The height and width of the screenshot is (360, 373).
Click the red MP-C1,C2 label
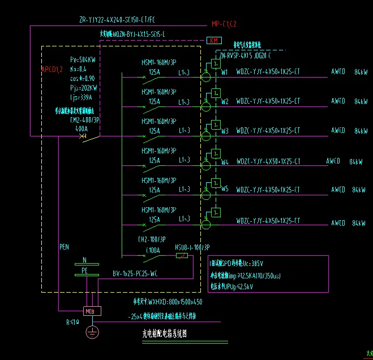tap(224, 24)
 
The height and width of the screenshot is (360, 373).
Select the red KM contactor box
tap(214, 41)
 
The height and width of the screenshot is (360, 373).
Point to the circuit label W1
tap(225, 72)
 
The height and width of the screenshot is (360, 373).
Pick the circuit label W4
tap(225, 161)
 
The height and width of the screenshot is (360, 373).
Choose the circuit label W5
tap(225, 188)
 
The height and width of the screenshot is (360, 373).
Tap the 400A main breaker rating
tap(81, 129)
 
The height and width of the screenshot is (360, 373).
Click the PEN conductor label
tap(64, 247)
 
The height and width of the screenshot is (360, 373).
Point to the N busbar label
tap(85, 260)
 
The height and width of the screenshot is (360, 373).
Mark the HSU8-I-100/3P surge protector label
tap(192, 247)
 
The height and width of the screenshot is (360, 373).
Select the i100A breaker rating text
tap(153, 250)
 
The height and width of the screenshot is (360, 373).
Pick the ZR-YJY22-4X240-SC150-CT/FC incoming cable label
tap(117, 20)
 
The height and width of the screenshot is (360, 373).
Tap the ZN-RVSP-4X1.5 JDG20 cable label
tap(245, 56)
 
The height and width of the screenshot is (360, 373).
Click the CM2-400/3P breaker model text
tap(84, 120)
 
